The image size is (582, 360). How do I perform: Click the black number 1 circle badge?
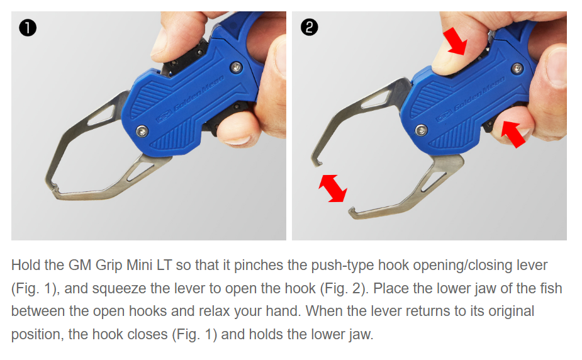click(x=28, y=28)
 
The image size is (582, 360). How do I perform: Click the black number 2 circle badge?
click(x=309, y=28)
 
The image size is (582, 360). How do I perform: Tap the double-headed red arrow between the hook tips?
click(x=333, y=188)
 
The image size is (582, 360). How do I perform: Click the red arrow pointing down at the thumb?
click(x=455, y=40)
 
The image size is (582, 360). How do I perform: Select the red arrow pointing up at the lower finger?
click(x=513, y=133)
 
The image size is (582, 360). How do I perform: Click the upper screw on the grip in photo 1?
click(x=236, y=67)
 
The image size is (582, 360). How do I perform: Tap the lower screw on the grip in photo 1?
click(x=142, y=131)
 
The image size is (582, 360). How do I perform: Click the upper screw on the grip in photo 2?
click(x=517, y=68)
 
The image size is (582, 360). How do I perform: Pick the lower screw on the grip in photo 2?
click(x=421, y=130)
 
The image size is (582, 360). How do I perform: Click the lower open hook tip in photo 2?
click(x=352, y=213)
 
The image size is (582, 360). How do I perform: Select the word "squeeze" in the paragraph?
click(x=120, y=289)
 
